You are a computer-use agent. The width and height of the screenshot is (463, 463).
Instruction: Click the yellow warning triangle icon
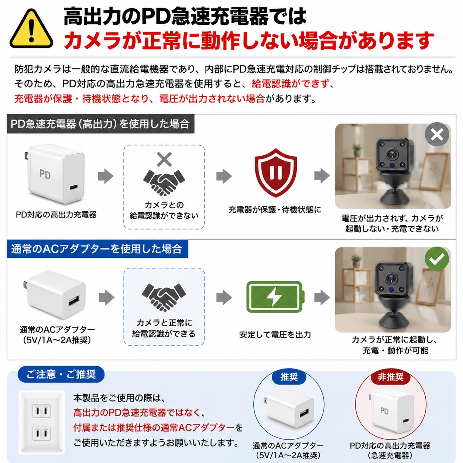[x=31, y=29]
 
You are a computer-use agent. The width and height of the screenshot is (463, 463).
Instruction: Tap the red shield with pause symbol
[x=275, y=172]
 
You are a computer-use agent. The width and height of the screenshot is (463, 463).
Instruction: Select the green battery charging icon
[x=275, y=297]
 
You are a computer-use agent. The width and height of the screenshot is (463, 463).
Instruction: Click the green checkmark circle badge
[x=436, y=259]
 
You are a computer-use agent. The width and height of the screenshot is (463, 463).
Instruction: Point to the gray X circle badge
[x=437, y=134]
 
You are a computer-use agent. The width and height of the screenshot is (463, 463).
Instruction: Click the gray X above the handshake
[x=164, y=159]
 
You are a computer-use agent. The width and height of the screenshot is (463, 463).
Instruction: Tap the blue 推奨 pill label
[x=289, y=377]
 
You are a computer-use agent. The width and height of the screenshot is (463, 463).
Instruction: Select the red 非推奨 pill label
[x=391, y=377]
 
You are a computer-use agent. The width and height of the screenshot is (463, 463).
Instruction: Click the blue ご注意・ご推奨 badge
[x=61, y=374]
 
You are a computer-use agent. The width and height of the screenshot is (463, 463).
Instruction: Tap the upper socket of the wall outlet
[x=42, y=411]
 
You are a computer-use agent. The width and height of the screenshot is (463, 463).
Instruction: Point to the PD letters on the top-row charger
[x=45, y=174]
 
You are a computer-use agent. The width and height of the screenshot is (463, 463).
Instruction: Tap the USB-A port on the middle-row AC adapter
[x=74, y=301]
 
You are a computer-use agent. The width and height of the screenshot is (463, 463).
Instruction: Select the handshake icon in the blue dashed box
[x=164, y=297]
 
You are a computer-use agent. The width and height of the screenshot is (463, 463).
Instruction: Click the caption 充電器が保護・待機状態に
[x=275, y=209]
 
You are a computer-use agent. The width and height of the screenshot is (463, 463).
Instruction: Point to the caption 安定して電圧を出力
[x=275, y=335]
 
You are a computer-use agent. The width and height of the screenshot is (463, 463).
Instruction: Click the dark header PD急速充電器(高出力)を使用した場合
[x=100, y=124]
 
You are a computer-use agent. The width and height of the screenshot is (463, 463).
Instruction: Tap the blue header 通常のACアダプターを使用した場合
[x=97, y=249]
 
